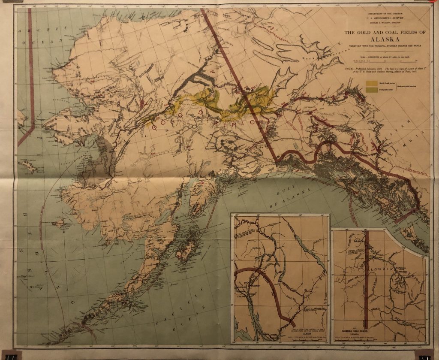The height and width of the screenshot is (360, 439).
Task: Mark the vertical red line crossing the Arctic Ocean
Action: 31,64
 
